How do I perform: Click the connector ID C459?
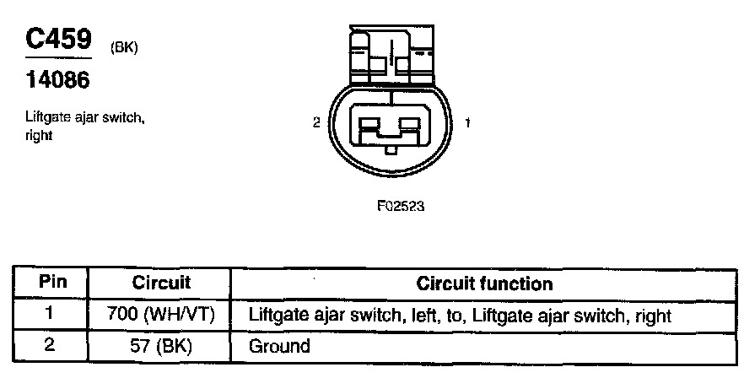pos(57,40)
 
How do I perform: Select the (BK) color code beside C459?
pos(123,47)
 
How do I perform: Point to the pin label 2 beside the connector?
pos(315,122)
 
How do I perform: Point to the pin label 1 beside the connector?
pos(467,122)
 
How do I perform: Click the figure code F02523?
pos(399,204)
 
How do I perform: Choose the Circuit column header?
pos(162,283)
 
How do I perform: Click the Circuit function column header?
pos(484,283)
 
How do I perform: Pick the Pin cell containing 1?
pos(51,315)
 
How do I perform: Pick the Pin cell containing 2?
pos(51,345)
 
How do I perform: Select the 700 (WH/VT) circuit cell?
pos(161,316)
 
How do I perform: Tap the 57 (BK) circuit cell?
pos(161,345)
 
